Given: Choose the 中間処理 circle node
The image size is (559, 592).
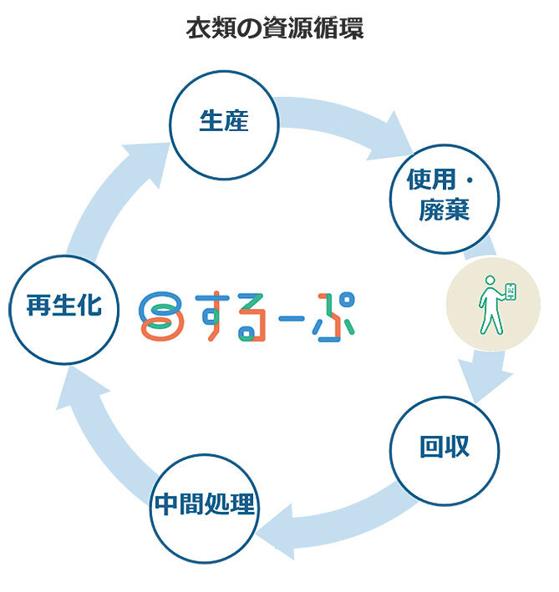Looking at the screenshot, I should click(x=204, y=506).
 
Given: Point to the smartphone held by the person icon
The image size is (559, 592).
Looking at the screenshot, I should click(x=511, y=293).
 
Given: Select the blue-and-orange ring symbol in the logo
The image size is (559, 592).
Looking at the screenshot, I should click(x=156, y=315).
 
